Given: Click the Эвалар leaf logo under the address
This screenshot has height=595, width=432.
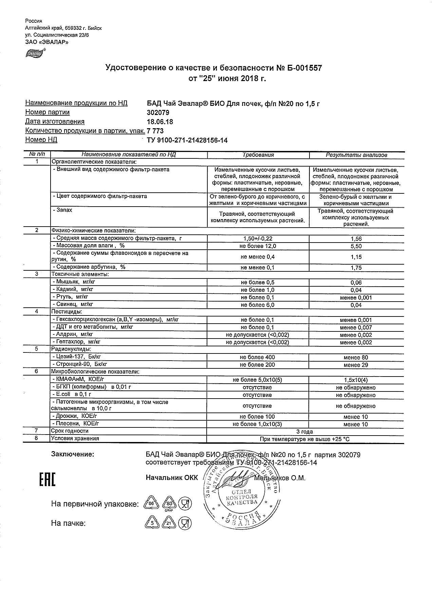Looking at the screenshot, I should tap(35, 53).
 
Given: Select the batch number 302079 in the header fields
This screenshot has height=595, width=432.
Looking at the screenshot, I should tap(157, 113).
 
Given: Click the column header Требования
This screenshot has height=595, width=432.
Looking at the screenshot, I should tap(258, 155).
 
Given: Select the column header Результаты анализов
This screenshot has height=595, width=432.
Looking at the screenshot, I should tap(356, 155).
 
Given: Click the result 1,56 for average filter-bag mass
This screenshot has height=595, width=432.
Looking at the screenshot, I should tap(356, 239).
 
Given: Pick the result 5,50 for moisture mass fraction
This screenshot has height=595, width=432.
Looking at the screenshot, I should tap(356, 246).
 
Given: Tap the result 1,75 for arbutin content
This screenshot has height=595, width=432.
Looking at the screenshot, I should tap(356, 268).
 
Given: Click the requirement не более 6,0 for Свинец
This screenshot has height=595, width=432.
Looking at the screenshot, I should tap(258, 305).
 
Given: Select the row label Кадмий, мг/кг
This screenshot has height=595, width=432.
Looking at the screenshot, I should tap(73, 289).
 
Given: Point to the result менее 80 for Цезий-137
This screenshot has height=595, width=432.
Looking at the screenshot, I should tap(356, 358).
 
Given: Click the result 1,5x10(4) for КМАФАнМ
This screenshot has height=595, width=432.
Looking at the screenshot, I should tap(356, 380).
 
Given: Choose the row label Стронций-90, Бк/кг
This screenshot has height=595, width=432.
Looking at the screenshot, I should tap(80, 365).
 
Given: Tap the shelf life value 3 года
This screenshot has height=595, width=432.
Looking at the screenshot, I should tap(304, 432).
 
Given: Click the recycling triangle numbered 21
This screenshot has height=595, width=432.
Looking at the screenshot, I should tap(169, 523).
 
